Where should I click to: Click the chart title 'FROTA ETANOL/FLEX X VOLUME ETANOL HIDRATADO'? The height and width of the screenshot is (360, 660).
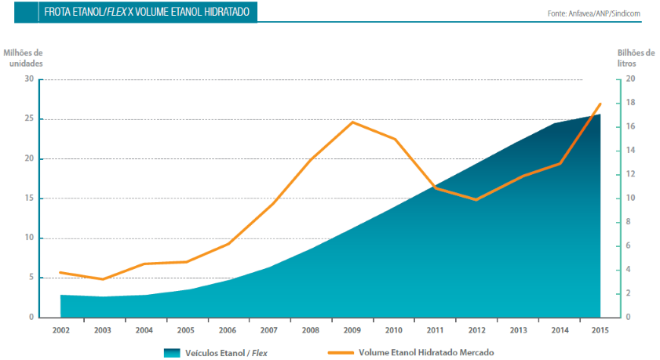(147, 12)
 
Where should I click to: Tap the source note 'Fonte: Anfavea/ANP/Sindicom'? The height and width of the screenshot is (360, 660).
(593, 13)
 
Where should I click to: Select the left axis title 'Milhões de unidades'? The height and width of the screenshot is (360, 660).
(23, 58)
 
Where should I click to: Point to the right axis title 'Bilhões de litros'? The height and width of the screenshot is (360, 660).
(636, 58)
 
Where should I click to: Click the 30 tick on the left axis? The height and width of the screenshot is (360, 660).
(29, 78)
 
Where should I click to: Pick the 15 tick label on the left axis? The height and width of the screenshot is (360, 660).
(29, 198)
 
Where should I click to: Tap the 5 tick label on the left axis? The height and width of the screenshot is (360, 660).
(31, 278)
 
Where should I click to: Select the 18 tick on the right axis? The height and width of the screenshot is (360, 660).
(630, 103)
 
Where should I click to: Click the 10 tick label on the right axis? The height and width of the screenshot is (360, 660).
(630, 198)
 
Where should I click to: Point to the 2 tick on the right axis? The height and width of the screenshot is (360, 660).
(628, 293)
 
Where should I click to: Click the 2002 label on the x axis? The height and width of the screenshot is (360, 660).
(61, 330)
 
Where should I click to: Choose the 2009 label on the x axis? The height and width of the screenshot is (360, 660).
(352, 330)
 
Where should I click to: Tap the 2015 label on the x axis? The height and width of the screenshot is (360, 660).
(600, 330)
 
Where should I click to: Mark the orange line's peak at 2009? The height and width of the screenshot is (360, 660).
(352, 122)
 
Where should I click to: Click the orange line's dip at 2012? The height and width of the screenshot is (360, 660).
(476, 199)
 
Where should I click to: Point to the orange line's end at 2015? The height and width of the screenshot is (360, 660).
(600, 104)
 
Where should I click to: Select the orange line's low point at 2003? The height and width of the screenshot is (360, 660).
(102, 279)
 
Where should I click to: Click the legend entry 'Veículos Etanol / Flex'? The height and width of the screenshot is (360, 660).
(216, 353)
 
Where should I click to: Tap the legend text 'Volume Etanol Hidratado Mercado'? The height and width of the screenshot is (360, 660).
(426, 352)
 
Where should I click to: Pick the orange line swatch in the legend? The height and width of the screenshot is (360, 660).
(341, 352)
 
